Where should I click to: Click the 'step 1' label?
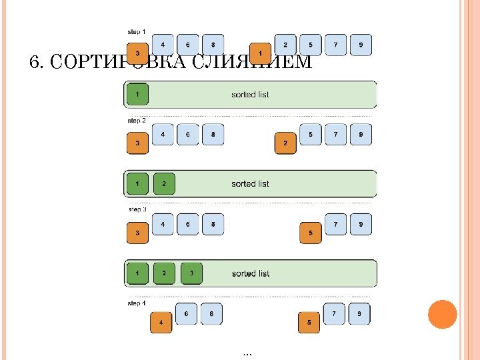click(137, 31)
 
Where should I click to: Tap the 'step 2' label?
click(137, 121)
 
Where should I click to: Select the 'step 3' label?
click(137, 210)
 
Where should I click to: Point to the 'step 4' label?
click(137, 303)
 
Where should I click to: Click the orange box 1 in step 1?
click(260, 53)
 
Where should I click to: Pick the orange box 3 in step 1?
click(137, 53)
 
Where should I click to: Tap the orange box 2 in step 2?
click(285, 143)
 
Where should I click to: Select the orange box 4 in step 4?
click(161, 323)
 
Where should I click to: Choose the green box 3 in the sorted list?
click(191, 273)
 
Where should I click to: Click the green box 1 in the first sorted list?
click(137, 94)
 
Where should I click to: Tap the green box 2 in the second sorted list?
click(164, 183)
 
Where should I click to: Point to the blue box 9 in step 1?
click(361, 45)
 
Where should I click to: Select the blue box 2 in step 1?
click(285, 45)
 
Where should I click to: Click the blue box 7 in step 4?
click(334, 313)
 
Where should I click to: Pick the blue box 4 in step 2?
click(163, 134)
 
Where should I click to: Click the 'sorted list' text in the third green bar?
click(251, 273)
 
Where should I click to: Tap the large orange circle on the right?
click(442, 314)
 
